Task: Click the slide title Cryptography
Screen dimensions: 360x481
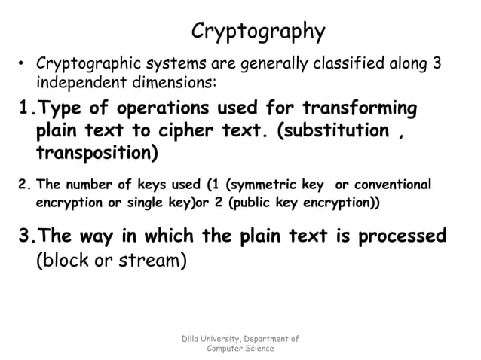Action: click(258, 32)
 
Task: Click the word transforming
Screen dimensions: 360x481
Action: click(359, 108)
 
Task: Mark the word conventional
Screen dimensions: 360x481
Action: click(391, 185)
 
